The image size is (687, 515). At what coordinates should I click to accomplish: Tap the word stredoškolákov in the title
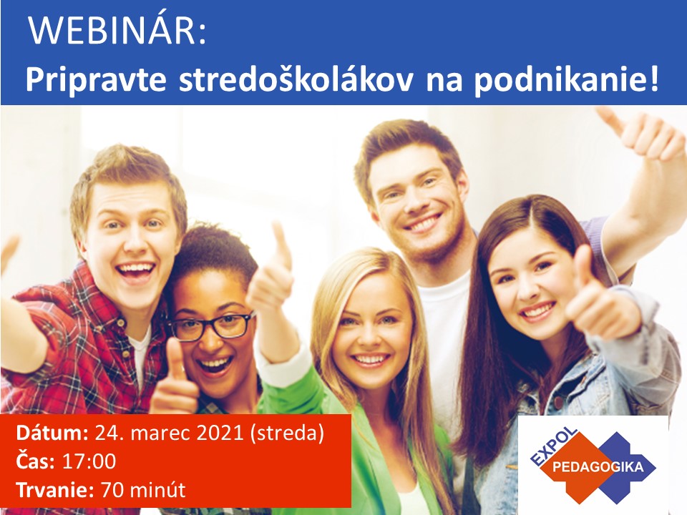[296, 79]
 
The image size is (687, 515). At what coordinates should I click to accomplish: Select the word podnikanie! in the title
[566, 81]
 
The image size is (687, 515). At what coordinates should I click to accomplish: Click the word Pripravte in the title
[96, 81]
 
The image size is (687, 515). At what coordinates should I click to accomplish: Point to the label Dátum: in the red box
[52, 433]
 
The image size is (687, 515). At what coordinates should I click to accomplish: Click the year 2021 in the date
[220, 433]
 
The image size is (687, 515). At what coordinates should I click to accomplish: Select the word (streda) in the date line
[287, 433]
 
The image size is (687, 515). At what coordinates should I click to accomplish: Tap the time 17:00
[89, 461]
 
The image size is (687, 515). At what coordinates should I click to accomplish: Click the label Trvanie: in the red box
[55, 489]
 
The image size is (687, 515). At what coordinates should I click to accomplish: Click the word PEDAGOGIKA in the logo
[598, 466]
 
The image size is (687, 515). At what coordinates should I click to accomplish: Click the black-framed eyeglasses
[211, 326]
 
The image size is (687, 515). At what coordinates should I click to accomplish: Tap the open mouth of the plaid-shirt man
[136, 272]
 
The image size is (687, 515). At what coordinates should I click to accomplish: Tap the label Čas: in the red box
[36, 461]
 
